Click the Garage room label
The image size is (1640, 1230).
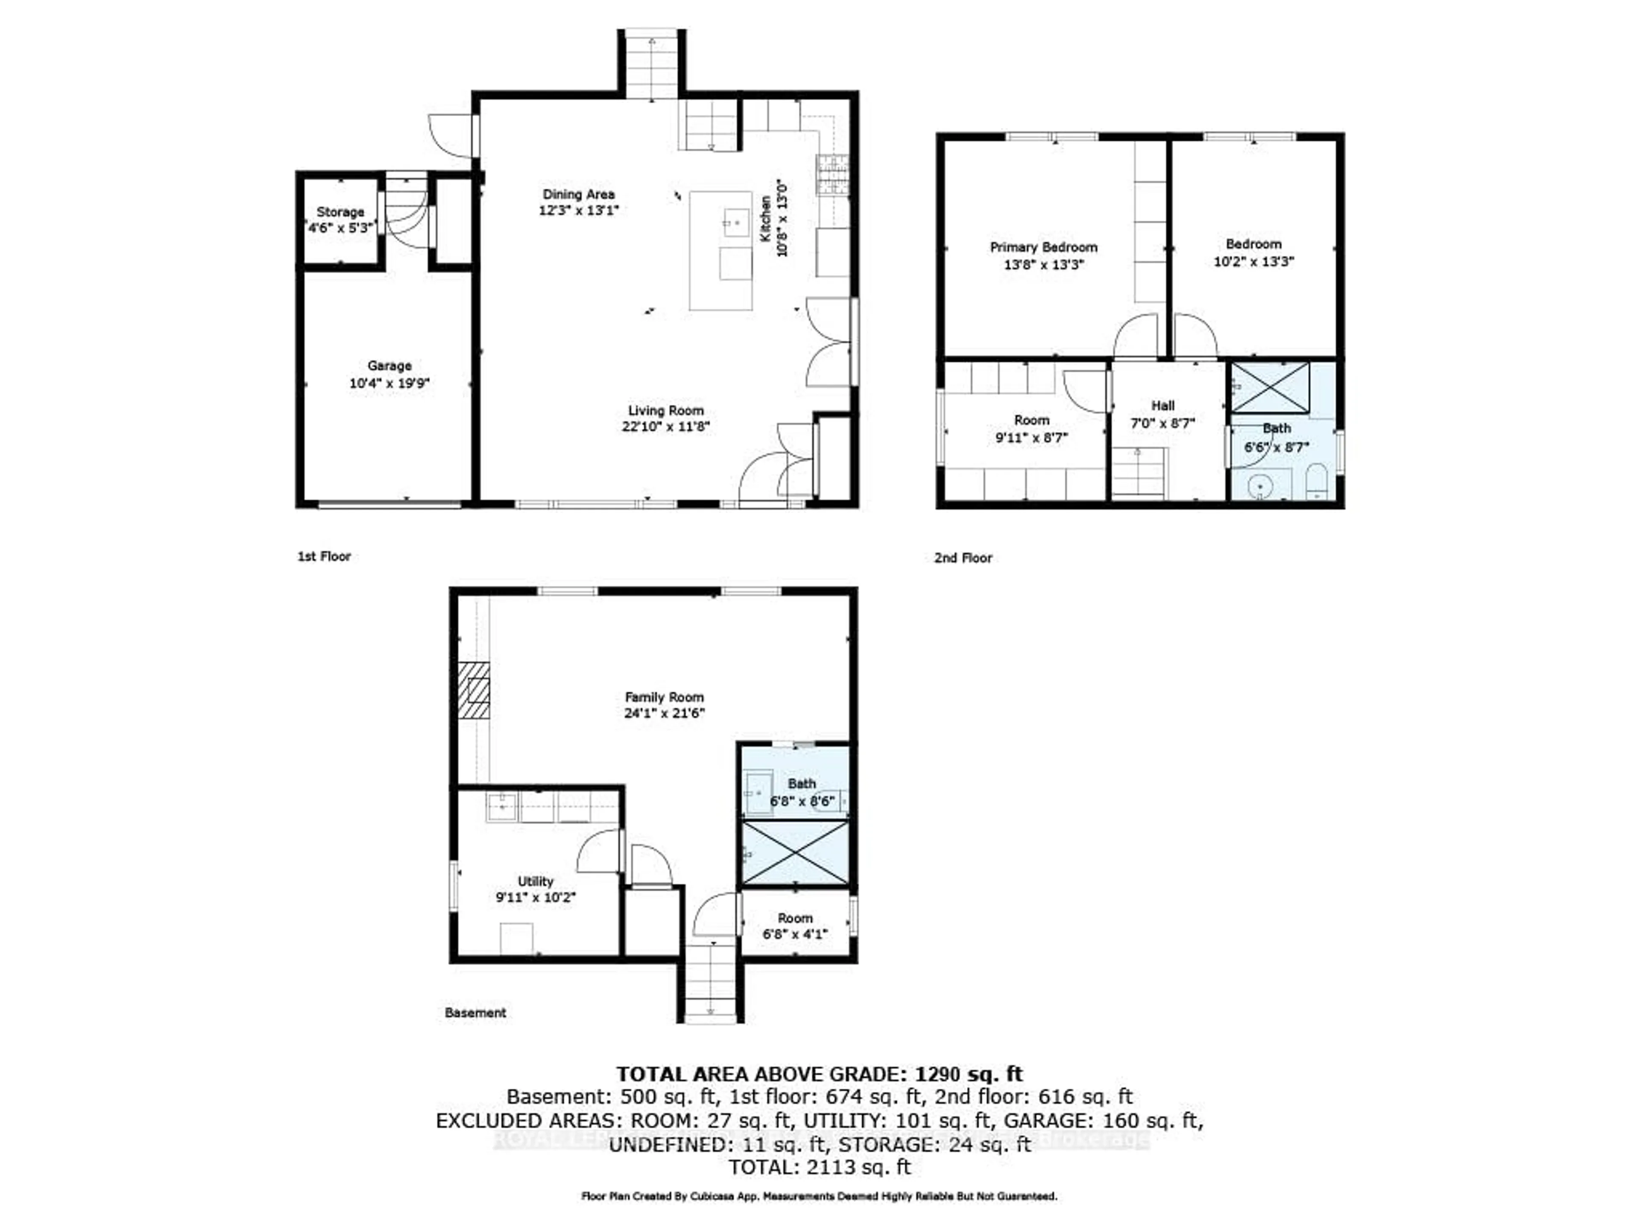389,366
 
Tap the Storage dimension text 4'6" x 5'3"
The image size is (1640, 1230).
340,228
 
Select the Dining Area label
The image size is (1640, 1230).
578,194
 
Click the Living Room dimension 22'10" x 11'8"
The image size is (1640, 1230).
666,426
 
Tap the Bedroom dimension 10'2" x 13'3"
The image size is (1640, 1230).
1253,261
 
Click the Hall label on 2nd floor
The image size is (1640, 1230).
1163,406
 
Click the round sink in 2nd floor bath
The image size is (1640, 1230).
1259,486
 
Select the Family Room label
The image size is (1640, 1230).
664,697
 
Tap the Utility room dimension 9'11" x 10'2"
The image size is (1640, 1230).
535,897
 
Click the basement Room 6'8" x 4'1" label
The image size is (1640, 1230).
795,918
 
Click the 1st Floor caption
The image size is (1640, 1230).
324,556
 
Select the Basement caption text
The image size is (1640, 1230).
475,1013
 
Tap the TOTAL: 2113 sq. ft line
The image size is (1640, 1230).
819,1167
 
